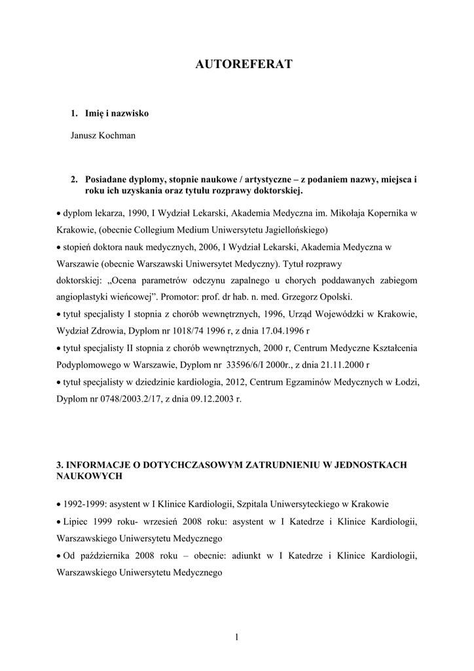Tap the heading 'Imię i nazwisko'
pos(117,113)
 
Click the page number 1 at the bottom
pos(237,637)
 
